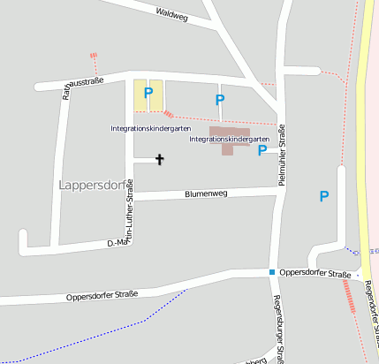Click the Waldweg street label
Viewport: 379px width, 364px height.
tap(171, 14)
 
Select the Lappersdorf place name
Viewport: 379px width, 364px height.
tap(92, 186)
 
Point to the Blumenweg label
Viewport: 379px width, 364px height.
tap(206, 193)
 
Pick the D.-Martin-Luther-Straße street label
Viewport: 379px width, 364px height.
tap(129, 212)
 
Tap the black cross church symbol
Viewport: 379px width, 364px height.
tap(160, 160)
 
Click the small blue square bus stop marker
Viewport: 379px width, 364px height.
tap(272, 272)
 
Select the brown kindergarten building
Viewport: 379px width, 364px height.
tap(228, 141)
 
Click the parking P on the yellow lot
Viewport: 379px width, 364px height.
tap(148, 93)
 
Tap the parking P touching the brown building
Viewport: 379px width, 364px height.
tap(262, 151)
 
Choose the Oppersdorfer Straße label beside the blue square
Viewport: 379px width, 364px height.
tap(315, 274)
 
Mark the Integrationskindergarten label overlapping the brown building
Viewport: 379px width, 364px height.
tap(229, 140)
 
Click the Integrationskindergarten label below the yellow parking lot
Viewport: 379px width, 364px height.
tap(150, 129)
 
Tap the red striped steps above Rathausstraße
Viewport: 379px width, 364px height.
tap(92, 58)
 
